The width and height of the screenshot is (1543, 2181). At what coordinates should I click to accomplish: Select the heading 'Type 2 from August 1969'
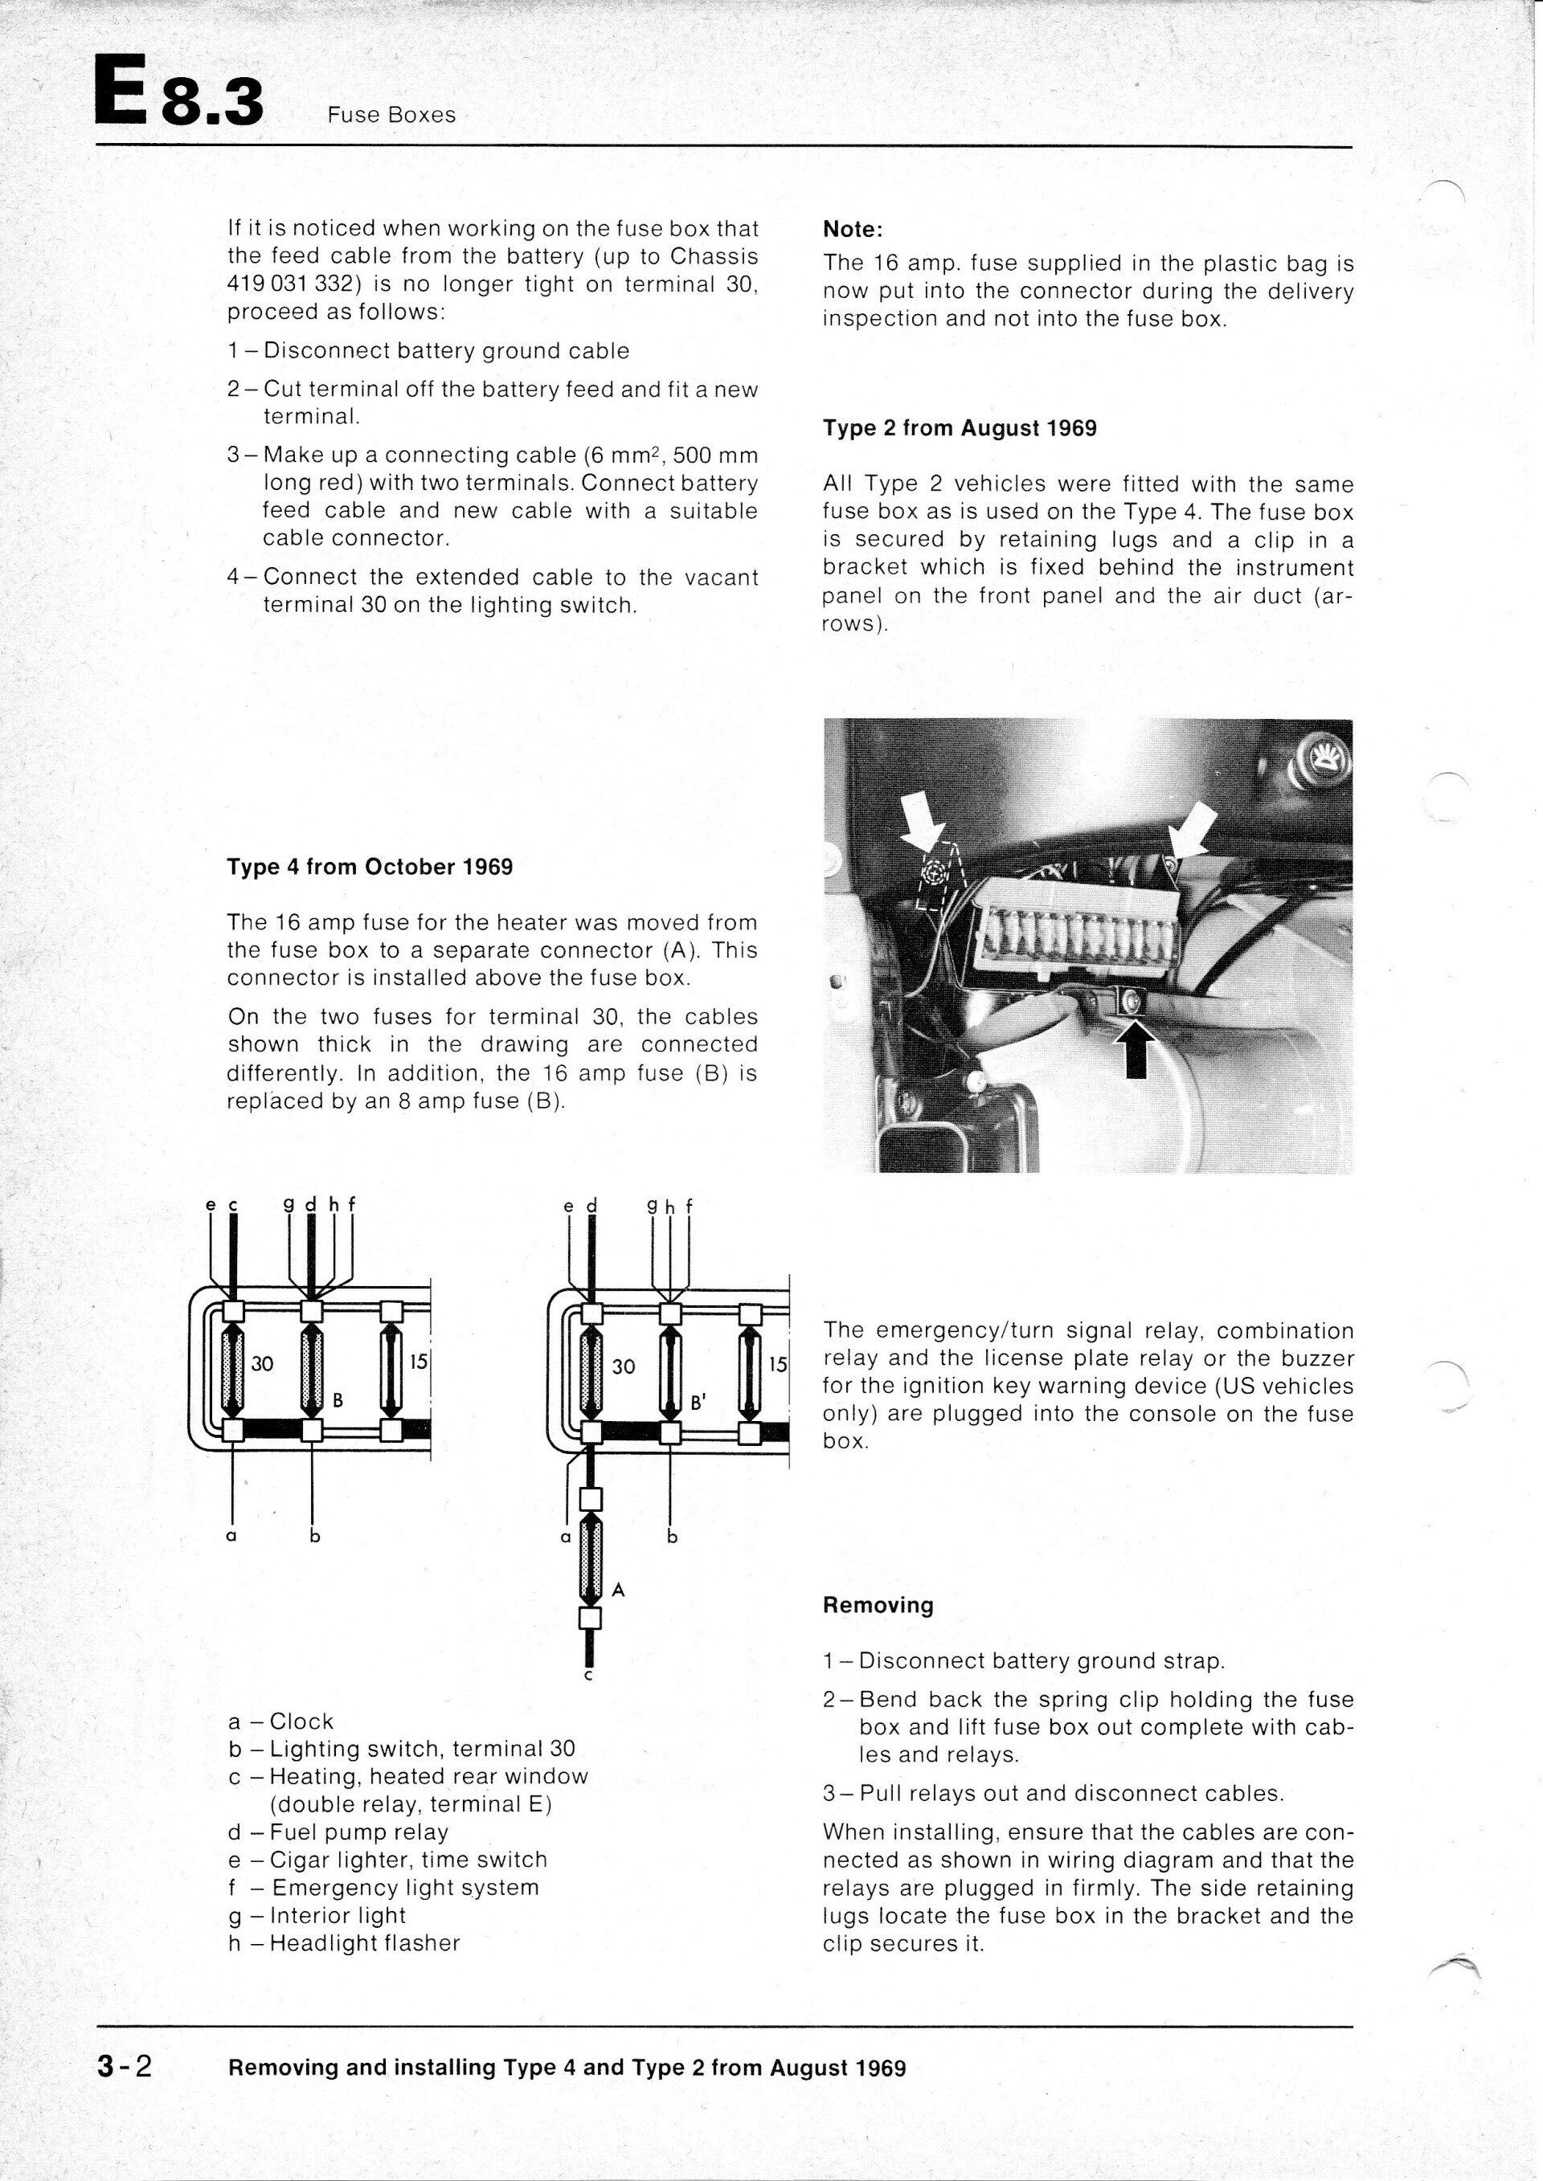tap(960, 428)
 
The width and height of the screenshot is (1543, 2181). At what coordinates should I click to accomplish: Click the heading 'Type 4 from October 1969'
tap(370, 868)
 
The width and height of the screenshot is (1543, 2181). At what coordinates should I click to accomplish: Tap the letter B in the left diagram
tap(337, 1399)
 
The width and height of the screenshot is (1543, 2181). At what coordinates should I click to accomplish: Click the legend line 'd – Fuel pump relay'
tap(338, 1832)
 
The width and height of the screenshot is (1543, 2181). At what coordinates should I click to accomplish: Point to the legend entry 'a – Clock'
tap(281, 1722)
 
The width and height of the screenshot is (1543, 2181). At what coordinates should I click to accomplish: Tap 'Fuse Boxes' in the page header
tap(391, 116)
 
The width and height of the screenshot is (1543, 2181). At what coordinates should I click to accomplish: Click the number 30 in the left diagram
tap(262, 1364)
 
